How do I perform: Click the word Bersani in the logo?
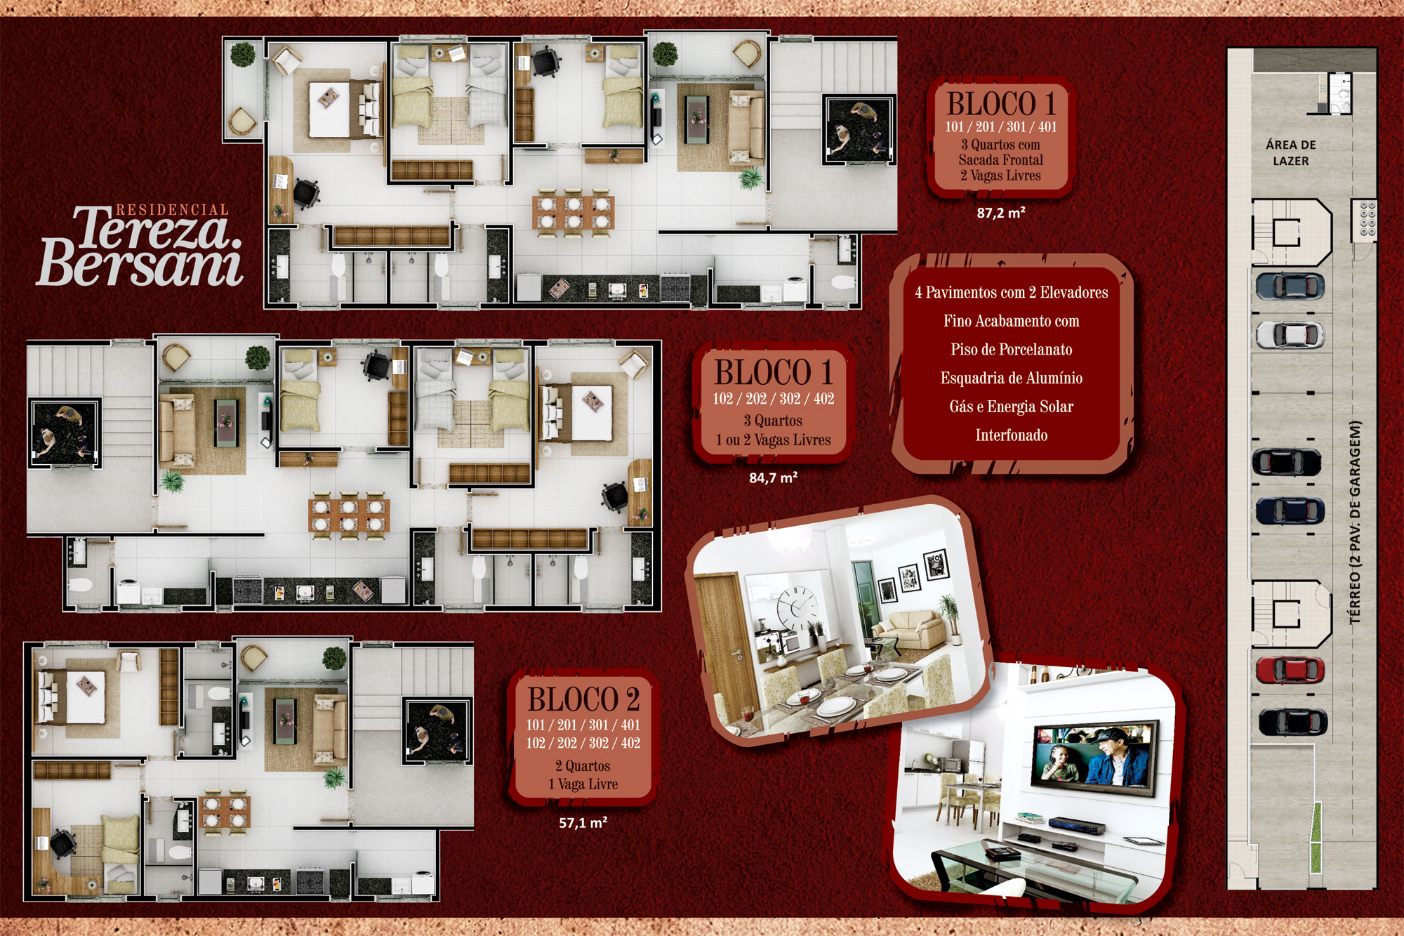point(140,263)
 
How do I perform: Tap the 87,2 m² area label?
point(1001,213)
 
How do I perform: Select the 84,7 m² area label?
point(773,478)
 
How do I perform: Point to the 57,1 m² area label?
point(583,822)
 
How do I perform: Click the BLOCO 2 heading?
point(583,699)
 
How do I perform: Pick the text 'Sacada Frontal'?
point(1001,160)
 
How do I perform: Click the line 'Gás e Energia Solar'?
point(1012,407)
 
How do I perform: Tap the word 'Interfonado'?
point(1012,435)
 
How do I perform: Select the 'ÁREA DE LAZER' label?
point(1291,153)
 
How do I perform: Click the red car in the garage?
point(1290,670)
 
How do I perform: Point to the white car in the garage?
point(1290,335)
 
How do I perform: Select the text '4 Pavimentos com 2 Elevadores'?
point(1012,292)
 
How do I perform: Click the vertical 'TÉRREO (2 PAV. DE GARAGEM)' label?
point(1355,522)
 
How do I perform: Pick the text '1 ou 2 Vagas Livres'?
point(773,440)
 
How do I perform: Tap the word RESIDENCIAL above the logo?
point(172,210)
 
